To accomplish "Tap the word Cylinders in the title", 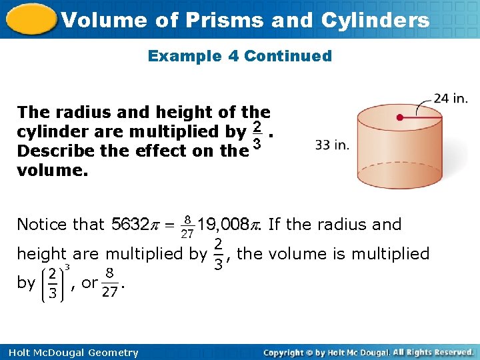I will [x=375, y=20].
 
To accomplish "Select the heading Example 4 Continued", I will [x=239, y=56].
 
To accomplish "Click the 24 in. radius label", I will [x=451, y=99].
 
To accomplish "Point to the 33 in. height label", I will [x=332, y=145].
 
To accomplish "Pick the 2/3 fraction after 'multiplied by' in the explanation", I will [x=217, y=255].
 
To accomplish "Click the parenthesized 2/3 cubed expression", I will [x=55, y=283].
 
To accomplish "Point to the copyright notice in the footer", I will [x=368, y=352].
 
